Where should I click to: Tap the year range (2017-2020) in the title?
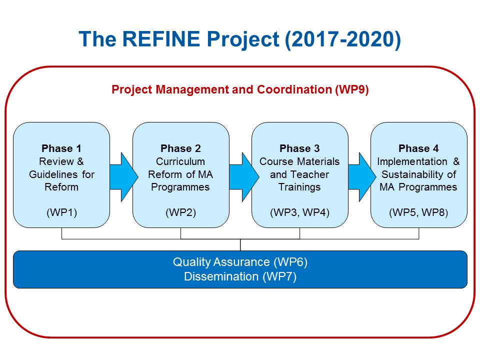coord(342,40)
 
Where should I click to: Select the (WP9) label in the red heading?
coord(351,89)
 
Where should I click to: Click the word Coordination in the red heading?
coord(294,89)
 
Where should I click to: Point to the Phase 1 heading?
coord(61,148)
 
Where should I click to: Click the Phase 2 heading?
coord(180,148)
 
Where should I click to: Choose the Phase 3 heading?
coord(299,148)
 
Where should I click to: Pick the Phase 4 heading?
coord(418,148)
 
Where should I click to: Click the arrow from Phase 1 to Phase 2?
coord(123,177)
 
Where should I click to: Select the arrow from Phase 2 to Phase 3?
coord(244,177)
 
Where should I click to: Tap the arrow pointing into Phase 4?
coord(362,177)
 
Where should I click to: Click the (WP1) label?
coord(61,212)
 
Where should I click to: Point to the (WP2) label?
coord(180,212)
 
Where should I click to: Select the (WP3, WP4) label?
coord(299,212)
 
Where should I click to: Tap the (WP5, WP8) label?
coord(418,212)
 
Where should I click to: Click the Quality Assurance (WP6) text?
coord(240,262)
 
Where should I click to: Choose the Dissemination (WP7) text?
coord(240,276)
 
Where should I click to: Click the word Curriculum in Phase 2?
coord(180,161)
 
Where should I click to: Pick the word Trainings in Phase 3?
coord(299,187)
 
